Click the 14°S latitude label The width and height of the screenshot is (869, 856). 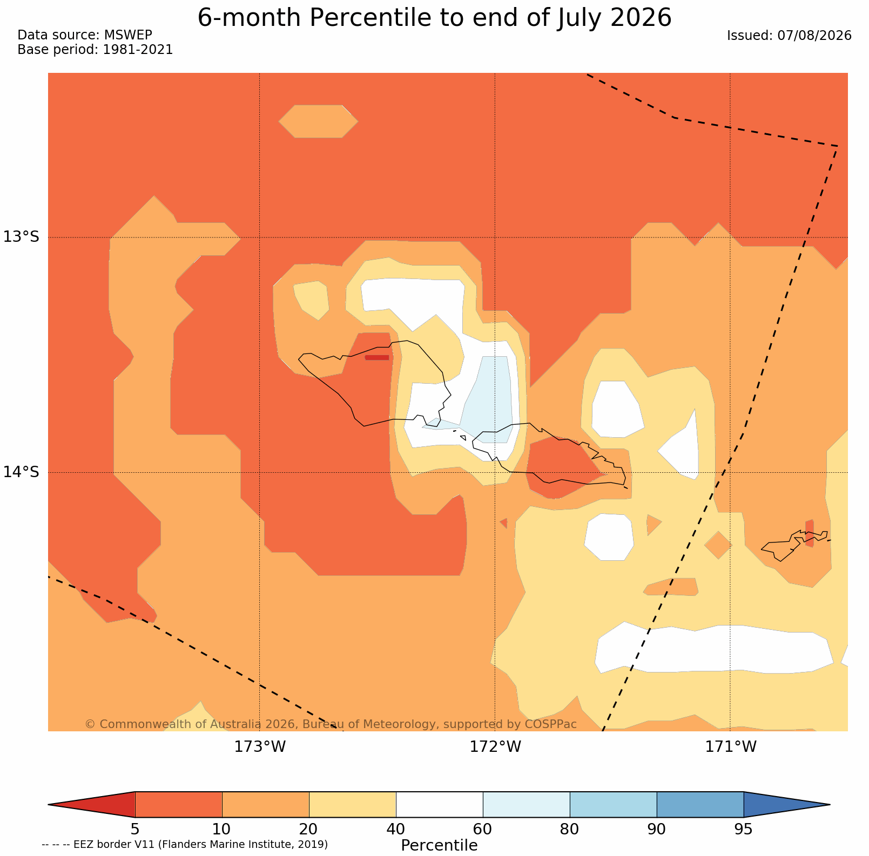[x=22, y=472]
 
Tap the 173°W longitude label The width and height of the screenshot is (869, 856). [x=260, y=747]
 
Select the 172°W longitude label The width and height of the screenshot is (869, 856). [x=495, y=747]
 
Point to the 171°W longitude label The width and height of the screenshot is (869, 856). [x=731, y=747]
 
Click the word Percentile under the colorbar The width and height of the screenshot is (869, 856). [x=439, y=845]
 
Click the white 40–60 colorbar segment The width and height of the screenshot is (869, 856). [x=439, y=805]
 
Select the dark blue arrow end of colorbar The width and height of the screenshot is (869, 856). [x=786, y=805]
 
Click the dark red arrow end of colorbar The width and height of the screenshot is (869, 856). [x=92, y=805]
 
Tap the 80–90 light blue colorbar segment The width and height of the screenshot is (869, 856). [x=613, y=805]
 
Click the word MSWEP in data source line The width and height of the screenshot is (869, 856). [x=128, y=35]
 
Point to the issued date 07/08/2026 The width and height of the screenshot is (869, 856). [x=814, y=36]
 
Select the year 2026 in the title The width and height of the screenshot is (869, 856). [x=641, y=18]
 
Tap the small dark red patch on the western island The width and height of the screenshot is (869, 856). [x=377, y=357]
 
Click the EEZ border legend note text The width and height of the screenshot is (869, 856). [x=185, y=844]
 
